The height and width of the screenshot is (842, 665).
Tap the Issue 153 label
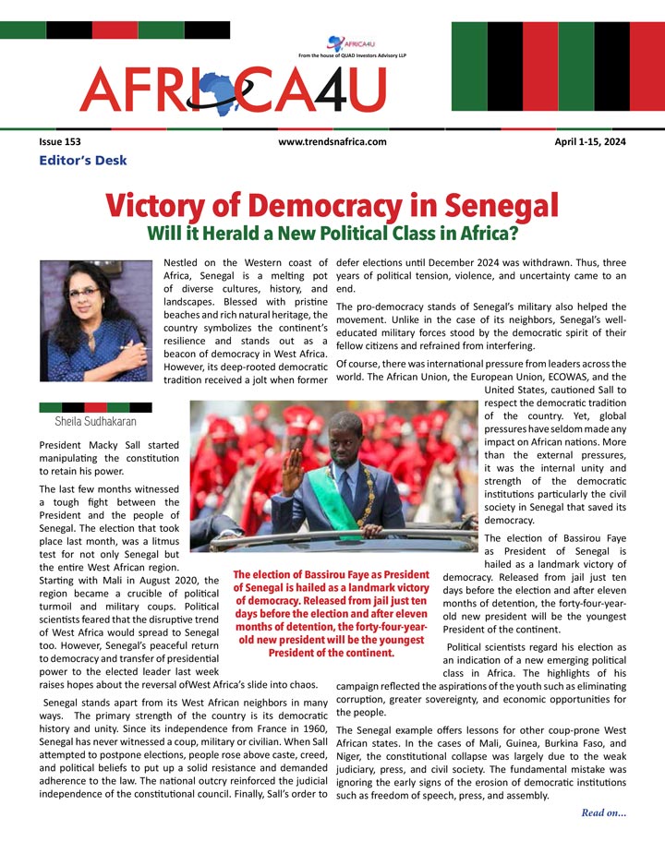[60, 141]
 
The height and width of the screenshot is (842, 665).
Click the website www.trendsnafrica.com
[332, 141]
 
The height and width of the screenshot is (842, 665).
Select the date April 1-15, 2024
[589, 141]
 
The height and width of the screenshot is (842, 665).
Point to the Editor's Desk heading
[83, 161]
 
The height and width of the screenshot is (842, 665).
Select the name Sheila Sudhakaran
[96, 421]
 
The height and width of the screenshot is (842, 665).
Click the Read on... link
[604, 812]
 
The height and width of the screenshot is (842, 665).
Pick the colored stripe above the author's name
[96, 406]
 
